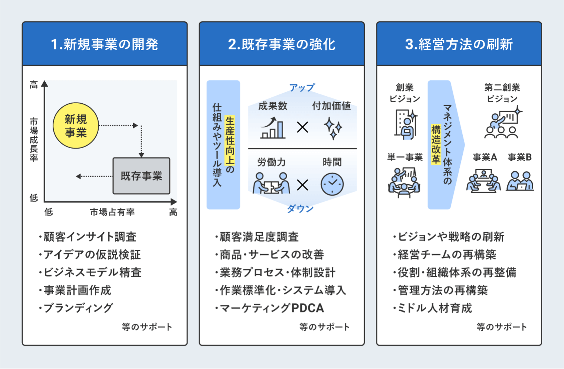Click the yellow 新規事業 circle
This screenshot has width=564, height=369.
[76, 126]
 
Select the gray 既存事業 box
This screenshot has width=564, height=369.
[141, 176]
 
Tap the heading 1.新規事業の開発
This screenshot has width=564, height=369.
[105, 44]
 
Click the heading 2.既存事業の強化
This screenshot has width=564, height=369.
[282, 44]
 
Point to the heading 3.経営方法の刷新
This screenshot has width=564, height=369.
[459, 44]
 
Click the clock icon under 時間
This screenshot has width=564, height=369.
[332, 184]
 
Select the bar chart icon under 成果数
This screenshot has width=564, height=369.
[273, 128]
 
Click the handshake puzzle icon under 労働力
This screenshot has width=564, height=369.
[271, 183]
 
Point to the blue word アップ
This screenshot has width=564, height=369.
[302, 88]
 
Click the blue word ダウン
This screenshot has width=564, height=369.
[300, 209]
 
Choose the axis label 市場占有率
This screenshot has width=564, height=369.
[112, 212]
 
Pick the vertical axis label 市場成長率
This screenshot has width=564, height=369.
[34, 139]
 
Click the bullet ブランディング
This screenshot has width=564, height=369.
[78, 308]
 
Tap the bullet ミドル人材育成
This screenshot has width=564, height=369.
[435, 308]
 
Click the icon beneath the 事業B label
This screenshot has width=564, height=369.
[520, 181]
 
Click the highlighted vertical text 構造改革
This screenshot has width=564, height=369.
[436, 144]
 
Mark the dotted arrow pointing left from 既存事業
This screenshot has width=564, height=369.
[94, 177]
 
